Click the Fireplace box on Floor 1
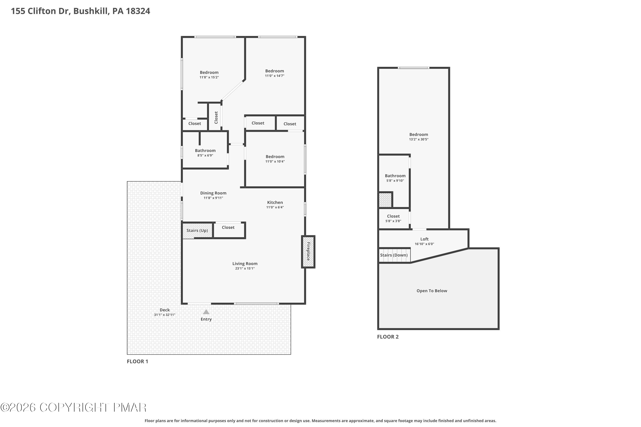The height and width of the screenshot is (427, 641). tap(308, 252)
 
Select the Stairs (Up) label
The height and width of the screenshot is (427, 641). tap(197, 231)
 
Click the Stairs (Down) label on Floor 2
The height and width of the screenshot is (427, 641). tap(394, 255)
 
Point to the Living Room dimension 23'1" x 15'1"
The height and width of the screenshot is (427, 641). tap(245, 269)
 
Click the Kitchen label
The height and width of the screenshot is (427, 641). tap(275, 202)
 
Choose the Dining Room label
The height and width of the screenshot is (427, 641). tap(213, 193)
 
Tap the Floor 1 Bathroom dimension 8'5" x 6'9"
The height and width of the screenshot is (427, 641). tap(205, 155)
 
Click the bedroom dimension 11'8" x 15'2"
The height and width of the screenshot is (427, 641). tap(209, 77)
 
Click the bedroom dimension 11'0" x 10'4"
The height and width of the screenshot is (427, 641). tap(275, 161)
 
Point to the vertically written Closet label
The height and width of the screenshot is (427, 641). tap(216, 117)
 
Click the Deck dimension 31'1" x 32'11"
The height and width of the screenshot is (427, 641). tap(165, 315)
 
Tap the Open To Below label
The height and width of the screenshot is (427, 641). tap(432, 291)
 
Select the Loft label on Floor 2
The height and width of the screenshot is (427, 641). tap(424, 239)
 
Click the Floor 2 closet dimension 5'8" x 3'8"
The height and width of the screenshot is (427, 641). tap(393, 221)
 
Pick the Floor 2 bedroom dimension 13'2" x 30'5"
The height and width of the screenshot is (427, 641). tap(419, 139)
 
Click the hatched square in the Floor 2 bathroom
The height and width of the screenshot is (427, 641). tap(385, 200)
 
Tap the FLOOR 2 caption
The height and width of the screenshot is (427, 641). tap(388, 337)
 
